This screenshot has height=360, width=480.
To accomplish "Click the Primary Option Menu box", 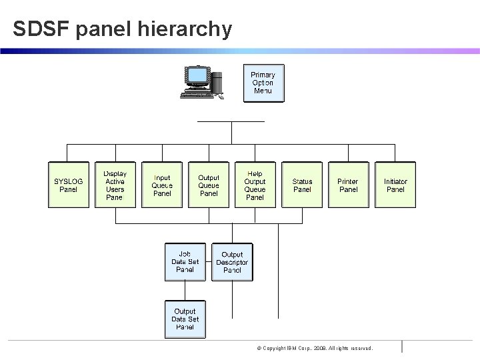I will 263,83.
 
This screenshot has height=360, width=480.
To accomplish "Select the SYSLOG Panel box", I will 69,185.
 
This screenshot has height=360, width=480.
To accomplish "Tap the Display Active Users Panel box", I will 115,185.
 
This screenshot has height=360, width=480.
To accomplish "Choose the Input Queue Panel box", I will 162,185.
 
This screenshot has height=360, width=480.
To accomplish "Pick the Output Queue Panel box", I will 209,185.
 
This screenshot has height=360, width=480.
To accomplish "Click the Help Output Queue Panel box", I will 255,185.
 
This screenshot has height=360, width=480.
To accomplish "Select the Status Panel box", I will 302,185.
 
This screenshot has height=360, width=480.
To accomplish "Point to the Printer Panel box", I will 348,185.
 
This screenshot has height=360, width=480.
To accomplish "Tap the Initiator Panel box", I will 395,185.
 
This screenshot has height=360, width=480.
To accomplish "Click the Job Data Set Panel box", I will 185,262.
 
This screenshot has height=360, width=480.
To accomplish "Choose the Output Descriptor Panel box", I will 232,262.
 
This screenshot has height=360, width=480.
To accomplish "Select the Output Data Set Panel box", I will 185,319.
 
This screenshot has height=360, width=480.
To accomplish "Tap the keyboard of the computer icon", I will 198,95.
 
